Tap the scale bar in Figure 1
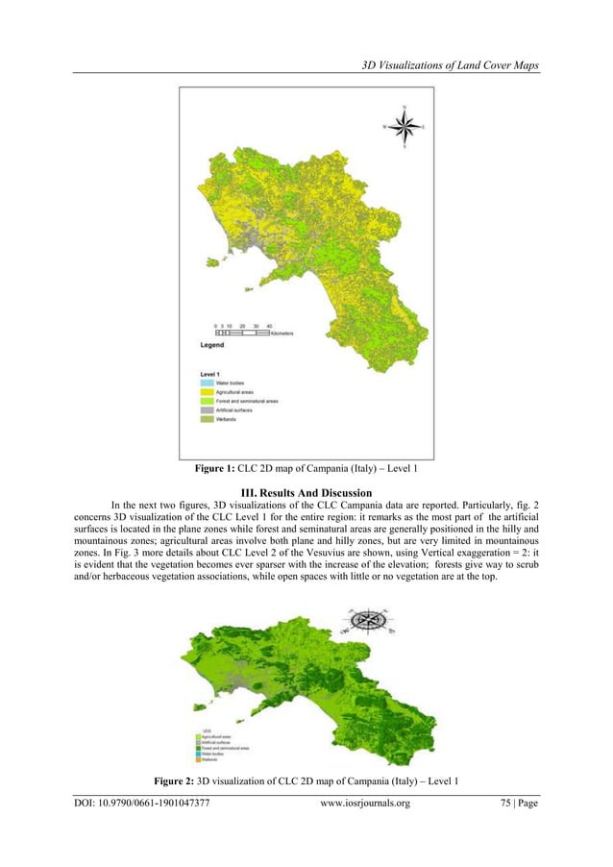coord(234,333)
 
